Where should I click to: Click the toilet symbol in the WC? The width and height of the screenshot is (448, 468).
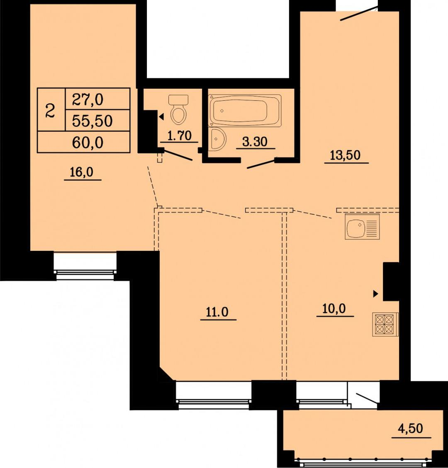[x=179, y=109]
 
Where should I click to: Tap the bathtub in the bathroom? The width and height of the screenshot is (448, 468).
[x=246, y=110]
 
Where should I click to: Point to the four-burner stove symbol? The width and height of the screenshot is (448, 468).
[x=384, y=324]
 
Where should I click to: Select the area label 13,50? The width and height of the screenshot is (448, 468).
[x=346, y=156]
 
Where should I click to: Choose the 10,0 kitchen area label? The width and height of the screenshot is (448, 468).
[x=335, y=309]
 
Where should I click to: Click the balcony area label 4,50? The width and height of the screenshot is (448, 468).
[x=410, y=428]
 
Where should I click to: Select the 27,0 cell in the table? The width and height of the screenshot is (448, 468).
[x=88, y=99]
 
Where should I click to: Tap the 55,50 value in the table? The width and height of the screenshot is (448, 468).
[x=92, y=121]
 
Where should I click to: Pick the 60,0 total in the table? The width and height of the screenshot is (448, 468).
[x=88, y=143]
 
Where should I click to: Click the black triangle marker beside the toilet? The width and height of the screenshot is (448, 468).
[x=161, y=117]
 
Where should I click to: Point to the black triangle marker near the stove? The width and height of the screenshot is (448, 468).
[x=376, y=294]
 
